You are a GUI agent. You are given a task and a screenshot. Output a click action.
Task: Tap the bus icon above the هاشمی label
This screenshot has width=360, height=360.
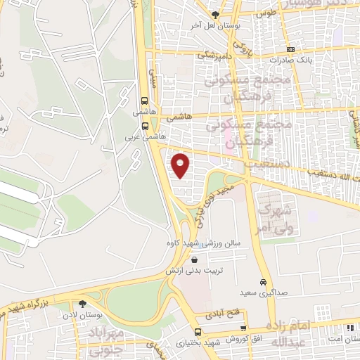[x=145, y=101]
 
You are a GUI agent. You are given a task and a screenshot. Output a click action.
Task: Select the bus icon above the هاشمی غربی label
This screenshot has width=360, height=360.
[x=145, y=127]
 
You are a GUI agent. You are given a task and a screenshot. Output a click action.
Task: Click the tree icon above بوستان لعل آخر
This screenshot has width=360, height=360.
[x=215, y=13]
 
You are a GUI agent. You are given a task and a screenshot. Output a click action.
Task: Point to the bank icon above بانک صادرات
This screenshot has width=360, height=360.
[x=290, y=50]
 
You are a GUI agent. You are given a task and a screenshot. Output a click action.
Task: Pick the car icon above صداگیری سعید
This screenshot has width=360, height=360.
[x=264, y=281]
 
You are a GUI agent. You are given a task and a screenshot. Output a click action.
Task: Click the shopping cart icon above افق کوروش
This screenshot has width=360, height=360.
[x=243, y=328]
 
